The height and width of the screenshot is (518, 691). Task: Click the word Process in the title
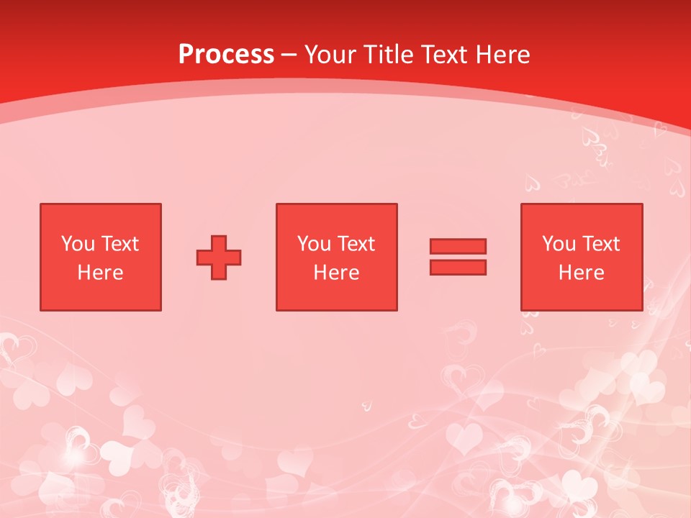pyautogui.click(x=226, y=55)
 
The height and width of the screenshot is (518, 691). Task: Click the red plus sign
pyautogui.click(x=219, y=257)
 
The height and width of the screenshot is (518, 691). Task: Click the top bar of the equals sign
pyautogui.click(x=458, y=246)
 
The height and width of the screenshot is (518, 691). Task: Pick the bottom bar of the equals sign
pyautogui.click(x=458, y=268)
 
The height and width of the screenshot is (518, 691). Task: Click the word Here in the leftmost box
pyautogui.click(x=100, y=273)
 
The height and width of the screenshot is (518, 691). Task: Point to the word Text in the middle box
pyautogui.click(x=356, y=244)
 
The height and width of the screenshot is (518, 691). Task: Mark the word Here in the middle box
pyautogui.click(x=336, y=273)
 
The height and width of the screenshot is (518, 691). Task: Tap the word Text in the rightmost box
pyautogui.click(x=600, y=244)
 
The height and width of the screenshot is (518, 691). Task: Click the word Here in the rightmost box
pyautogui.click(x=581, y=273)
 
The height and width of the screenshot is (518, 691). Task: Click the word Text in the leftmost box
pyautogui.click(x=119, y=244)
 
